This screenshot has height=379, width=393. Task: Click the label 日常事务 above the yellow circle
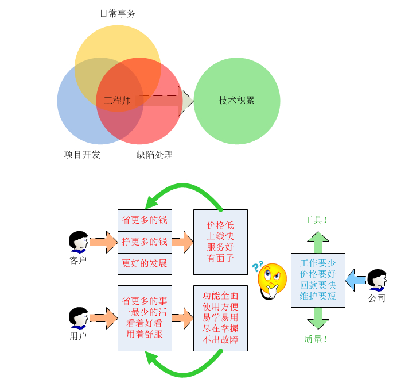click(118, 14)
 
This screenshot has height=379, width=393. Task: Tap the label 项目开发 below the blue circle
click(82, 154)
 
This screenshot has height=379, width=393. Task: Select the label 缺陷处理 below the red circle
click(155, 154)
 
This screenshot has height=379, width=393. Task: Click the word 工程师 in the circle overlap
click(118, 101)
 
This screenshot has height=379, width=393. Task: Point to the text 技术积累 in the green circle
click(236, 101)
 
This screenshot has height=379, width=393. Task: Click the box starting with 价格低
click(220, 242)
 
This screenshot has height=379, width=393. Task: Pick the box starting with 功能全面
click(220, 317)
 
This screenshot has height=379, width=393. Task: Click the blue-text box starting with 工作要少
click(318, 280)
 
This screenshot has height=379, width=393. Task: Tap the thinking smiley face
click(270, 279)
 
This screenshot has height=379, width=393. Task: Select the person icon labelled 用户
click(78, 317)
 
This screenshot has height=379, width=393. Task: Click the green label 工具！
click(316, 220)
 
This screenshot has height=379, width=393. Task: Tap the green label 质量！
click(316, 339)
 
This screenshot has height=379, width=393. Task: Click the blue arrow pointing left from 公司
click(356, 280)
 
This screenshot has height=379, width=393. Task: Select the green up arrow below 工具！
click(318, 242)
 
